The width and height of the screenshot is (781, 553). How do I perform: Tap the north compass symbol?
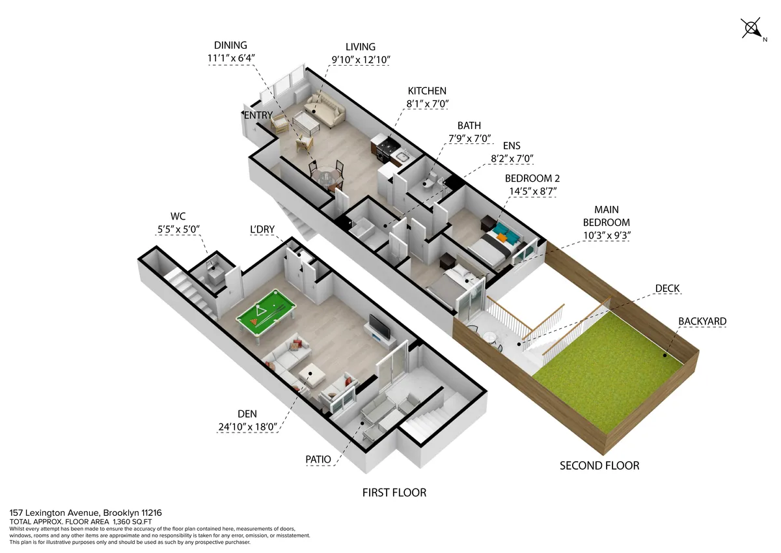[752, 29]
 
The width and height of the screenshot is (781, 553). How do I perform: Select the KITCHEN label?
[427, 91]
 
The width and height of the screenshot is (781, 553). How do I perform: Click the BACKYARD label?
[702, 321]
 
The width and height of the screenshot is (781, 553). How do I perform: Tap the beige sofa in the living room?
[323, 110]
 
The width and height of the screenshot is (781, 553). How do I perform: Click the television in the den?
[378, 328]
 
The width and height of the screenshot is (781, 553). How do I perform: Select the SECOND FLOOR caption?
[599, 465]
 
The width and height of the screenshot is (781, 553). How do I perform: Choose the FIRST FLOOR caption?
[394, 492]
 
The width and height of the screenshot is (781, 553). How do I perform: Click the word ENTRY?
[258, 115]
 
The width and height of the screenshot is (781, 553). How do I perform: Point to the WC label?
[178, 216]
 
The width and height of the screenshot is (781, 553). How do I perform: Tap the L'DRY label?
[263, 230]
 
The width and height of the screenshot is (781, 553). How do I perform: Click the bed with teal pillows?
[497, 240]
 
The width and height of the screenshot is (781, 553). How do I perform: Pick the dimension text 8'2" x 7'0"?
[513, 157]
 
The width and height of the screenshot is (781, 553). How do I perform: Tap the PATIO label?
[318, 459]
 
